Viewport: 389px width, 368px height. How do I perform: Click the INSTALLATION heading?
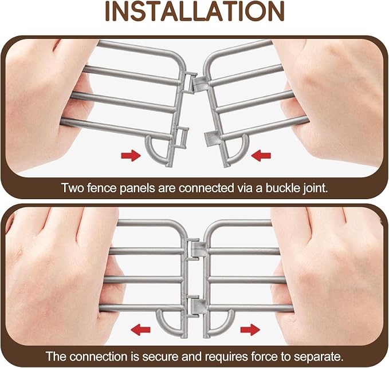click(195, 11)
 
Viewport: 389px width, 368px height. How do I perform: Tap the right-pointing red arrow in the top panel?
click(131, 156)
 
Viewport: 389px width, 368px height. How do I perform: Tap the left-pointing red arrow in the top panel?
click(261, 156)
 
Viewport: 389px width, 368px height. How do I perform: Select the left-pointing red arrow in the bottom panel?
click(140, 330)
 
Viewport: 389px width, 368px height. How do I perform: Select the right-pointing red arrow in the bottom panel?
click(250, 330)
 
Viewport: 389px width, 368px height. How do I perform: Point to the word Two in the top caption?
click(70, 188)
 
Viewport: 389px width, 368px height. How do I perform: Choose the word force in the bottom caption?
click(264, 357)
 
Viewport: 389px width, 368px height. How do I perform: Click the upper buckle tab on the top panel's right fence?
click(200, 84)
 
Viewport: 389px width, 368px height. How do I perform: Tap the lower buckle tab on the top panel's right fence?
click(213, 139)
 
